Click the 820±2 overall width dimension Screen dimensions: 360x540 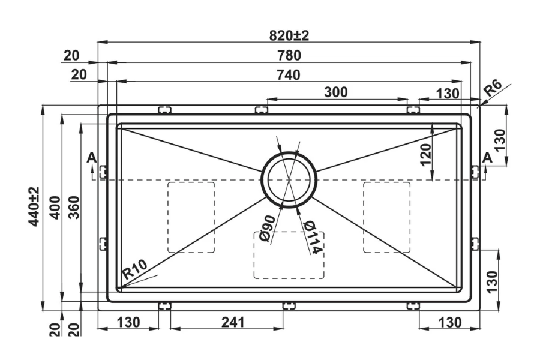288,35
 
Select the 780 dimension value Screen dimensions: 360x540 288,55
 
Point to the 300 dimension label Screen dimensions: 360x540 336,92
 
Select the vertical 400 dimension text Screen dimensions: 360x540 55,207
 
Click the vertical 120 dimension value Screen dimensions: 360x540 425,154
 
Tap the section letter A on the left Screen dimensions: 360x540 91,158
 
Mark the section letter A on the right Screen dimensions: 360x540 487,158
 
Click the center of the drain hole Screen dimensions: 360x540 289,179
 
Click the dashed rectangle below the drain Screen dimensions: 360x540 289,255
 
